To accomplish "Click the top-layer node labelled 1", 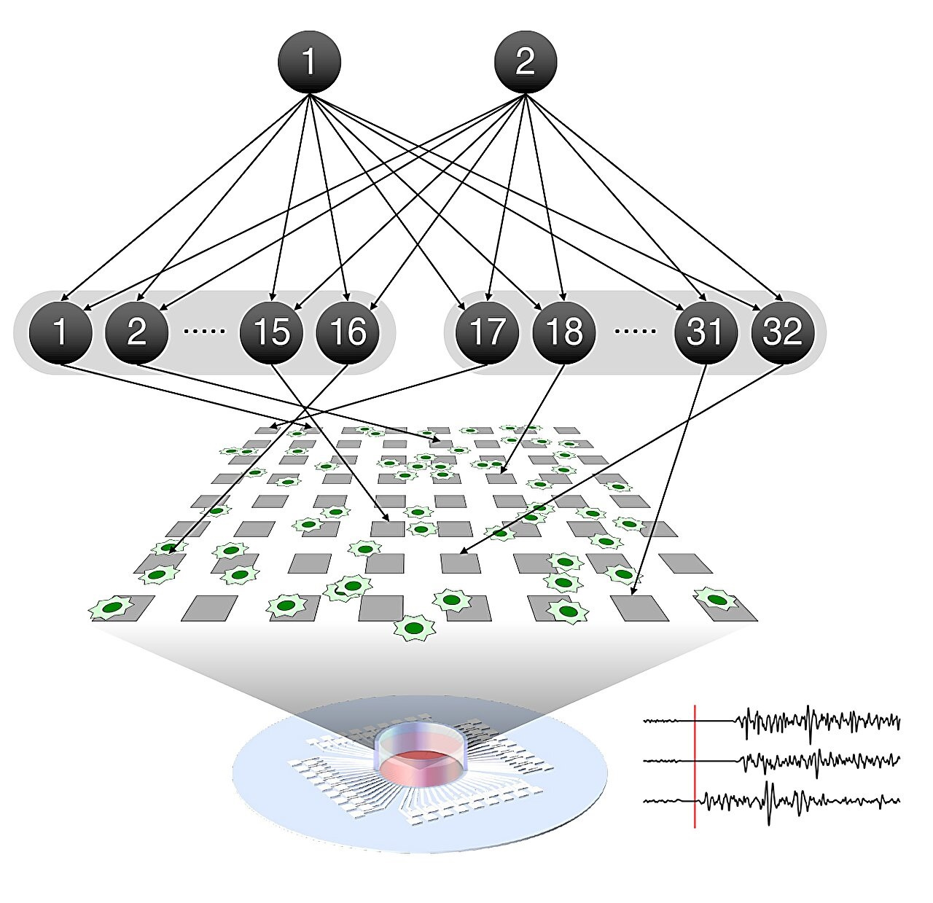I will [309, 61].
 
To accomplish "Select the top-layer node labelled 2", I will [525, 61].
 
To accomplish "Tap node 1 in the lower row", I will [60, 332].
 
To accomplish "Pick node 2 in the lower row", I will [137, 332].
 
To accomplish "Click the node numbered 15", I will [271, 332].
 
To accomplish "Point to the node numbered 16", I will [348, 332].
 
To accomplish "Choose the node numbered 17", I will [487, 332].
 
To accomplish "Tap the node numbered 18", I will [563, 332].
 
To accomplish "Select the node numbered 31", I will [704, 332].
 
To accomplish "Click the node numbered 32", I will [782, 332].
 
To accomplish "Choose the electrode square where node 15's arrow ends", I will [388, 528].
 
